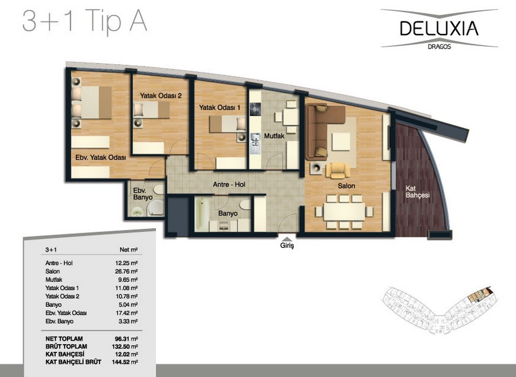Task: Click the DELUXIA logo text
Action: pyautogui.click(x=439, y=28)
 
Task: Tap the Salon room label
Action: pyautogui.click(x=346, y=186)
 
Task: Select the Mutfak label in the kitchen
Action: pyautogui.click(x=274, y=136)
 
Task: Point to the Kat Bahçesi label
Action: pyautogui.click(x=417, y=192)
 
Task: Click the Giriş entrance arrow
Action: pyautogui.click(x=287, y=239)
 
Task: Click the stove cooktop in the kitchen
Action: pyautogui.click(x=255, y=109)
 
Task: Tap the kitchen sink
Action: pyautogui.click(x=255, y=143)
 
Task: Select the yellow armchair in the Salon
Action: pyautogui.click(x=338, y=170)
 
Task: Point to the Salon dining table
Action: pyautogui.click(x=344, y=212)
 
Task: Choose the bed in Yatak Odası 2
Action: pyautogui.click(x=151, y=110)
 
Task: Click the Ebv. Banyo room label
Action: pyautogui.click(x=143, y=194)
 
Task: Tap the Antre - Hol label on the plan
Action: pyautogui.click(x=229, y=184)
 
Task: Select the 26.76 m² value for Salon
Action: pyautogui.click(x=125, y=271)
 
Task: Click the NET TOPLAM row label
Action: pyautogui.click(x=64, y=339)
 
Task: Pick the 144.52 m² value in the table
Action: pyautogui.click(x=125, y=362)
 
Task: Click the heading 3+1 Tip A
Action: pyautogui.click(x=85, y=21)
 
